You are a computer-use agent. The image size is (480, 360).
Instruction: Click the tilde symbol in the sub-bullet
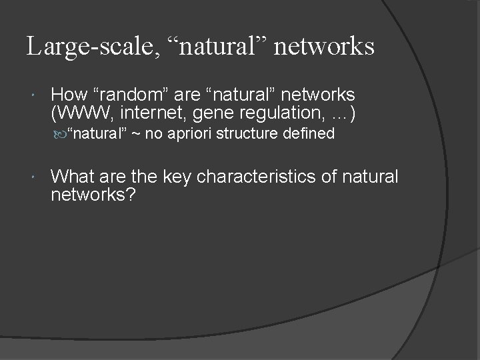[135, 135]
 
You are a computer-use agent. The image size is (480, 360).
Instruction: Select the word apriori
[187, 135]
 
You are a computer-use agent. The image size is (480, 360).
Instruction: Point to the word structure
[247, 135]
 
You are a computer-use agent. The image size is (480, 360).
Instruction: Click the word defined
[308, 135]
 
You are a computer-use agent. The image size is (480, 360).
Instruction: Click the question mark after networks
[131, 195]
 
